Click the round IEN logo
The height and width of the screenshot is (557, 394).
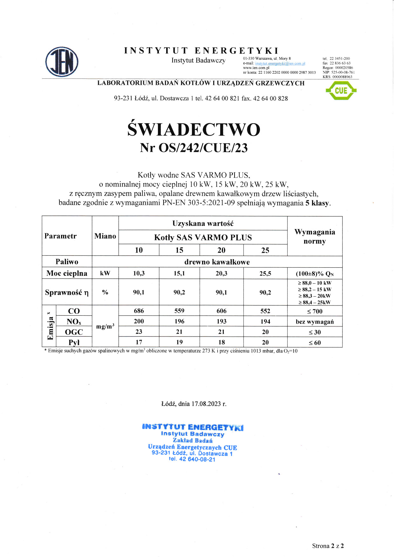(62, 62)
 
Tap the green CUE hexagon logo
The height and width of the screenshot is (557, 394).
(341, 91)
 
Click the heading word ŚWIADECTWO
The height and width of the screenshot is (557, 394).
(194, 130)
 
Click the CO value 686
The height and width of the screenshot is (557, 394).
(139, 311)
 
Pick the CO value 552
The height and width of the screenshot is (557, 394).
(265, 311)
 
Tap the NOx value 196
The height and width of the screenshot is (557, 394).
(179, 321)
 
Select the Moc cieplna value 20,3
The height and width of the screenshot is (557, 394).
(221, 273)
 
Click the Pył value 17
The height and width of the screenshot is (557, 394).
(139, 342)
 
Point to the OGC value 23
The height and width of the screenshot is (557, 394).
(139, 332)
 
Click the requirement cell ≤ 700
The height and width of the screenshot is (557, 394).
(315, 311)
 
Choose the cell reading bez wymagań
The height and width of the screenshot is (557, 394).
(315, 322)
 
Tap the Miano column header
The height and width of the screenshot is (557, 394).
(105, 236)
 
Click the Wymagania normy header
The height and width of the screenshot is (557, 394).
(315, 236)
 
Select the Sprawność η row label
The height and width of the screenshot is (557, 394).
(67, 292)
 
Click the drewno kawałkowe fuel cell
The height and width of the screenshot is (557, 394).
(217, 262)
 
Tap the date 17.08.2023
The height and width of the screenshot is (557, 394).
(206, 404)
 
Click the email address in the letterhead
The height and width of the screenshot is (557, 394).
(280, 64)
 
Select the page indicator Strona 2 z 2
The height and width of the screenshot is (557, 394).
(328, 546)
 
